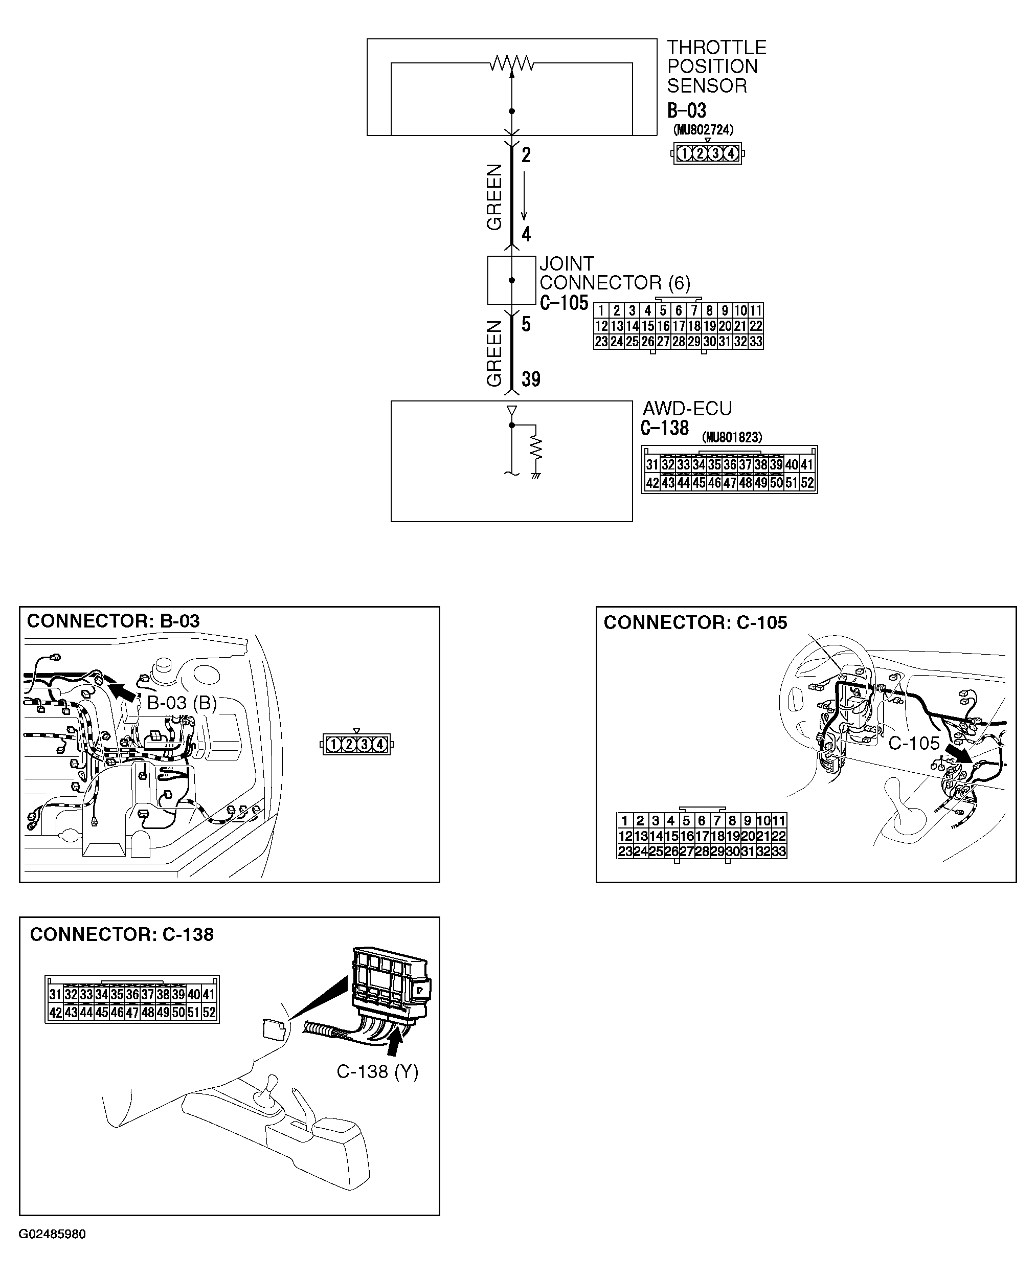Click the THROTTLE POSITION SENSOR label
point(715,66)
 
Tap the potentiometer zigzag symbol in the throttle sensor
point(511,63)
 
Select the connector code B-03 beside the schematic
point(686,110)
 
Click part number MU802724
point(703,129)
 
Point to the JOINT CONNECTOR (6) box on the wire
point(511,280)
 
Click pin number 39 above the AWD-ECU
point(531,379)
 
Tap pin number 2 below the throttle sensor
point(526,155)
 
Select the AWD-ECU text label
point(687,409)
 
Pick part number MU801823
point(732,437)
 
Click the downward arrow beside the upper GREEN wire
point(525,197)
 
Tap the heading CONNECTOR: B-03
point(114,621)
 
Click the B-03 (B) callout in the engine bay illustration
point(182,703)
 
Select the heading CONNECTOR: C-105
point(695,622)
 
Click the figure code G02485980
point(52,1234)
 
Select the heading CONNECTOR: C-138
point(122,934)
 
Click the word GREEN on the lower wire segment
point(494,353)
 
